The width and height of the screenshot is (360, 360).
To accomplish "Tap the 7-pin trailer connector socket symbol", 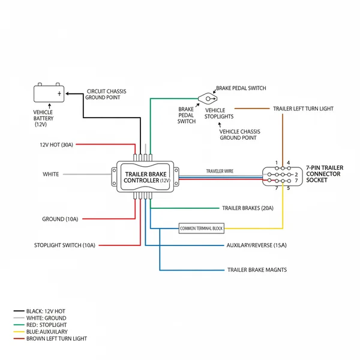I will [281, 175].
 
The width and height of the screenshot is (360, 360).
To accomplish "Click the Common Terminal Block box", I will [200, 229].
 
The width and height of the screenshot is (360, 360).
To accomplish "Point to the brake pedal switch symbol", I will [207, 97].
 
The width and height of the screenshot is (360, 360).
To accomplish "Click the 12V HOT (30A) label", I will [56, 145].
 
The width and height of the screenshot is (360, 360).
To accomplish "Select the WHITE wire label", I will [51, 175].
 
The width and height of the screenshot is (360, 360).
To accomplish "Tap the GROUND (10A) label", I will [60, 219].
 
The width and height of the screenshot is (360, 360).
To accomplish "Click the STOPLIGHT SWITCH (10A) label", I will [65, 245].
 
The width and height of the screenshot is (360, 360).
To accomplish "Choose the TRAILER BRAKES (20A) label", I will [247, 208].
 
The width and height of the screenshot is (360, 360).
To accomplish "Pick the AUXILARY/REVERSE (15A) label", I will [256, 245].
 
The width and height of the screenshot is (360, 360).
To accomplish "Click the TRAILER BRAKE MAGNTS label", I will [257, 270].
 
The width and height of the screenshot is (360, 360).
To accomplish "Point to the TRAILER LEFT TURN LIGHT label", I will [303, 109].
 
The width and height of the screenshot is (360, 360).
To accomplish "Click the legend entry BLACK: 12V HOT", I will [46, 311].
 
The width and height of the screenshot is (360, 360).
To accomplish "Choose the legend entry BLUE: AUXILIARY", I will [47, 332].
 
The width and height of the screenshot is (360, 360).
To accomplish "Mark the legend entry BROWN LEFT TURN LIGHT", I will [56, 338].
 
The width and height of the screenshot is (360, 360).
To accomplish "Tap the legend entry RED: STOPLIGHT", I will [46, 325].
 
